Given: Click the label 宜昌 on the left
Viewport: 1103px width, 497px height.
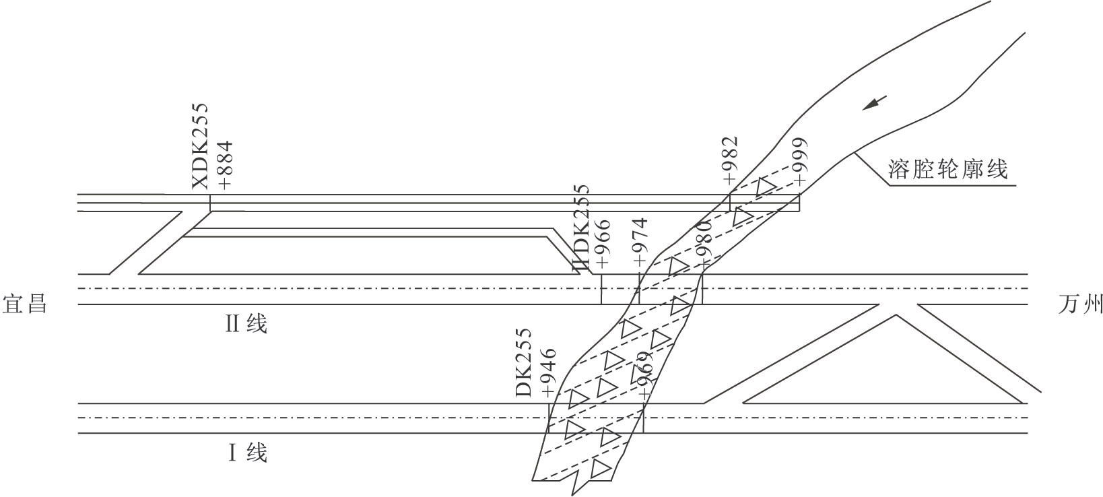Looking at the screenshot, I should (x=25, y=303).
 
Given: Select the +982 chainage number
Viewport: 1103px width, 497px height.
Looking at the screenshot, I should (x=729, y=160).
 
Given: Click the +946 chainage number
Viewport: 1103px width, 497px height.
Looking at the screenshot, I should (x=549, y=372).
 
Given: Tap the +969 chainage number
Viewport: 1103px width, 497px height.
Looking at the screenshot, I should (x=645, y=376).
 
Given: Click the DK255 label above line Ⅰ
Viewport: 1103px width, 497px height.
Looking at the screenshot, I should (x=525, y=362).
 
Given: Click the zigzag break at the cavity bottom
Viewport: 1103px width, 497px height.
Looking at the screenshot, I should (x=576, y=483).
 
